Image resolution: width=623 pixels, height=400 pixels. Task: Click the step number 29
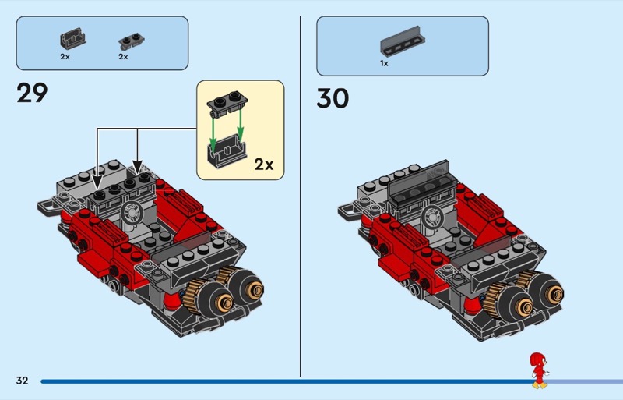click(32, 94)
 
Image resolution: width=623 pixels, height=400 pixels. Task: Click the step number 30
click(333, 99)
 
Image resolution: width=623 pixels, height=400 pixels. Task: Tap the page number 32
click(22, 381)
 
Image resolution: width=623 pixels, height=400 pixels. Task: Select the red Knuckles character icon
click(537, 370)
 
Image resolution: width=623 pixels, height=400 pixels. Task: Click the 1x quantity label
click(384, 64)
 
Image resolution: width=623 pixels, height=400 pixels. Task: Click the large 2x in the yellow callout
click(264, 165)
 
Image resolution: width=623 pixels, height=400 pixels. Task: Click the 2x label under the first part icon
click(65, 57)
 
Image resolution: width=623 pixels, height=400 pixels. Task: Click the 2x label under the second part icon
click(123, 57)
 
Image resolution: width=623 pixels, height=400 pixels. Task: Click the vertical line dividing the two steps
click(301, 195)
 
